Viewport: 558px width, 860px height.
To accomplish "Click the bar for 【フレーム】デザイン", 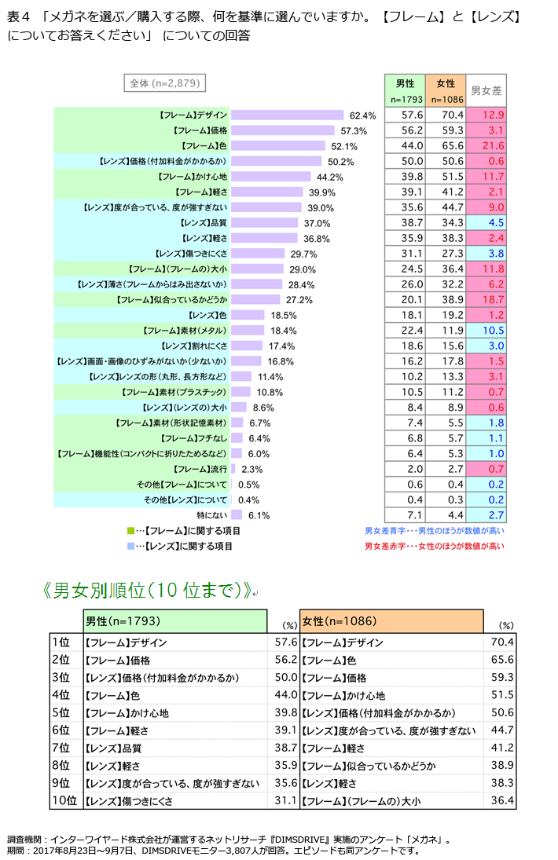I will (x=287, y=115).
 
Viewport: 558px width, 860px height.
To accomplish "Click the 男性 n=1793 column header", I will (x=405, y=90).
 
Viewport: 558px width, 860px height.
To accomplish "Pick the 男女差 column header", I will (x=486, y=91).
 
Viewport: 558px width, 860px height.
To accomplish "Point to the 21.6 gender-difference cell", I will (x=487, y=146).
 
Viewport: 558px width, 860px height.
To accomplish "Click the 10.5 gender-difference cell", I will (x=487, y=330).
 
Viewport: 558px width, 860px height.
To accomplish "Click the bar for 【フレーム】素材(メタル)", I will (x=248, y=331).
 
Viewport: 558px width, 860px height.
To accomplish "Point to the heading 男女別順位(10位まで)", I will (x=149, y=591).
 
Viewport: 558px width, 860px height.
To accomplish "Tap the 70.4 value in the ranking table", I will (x=501, y=642).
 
